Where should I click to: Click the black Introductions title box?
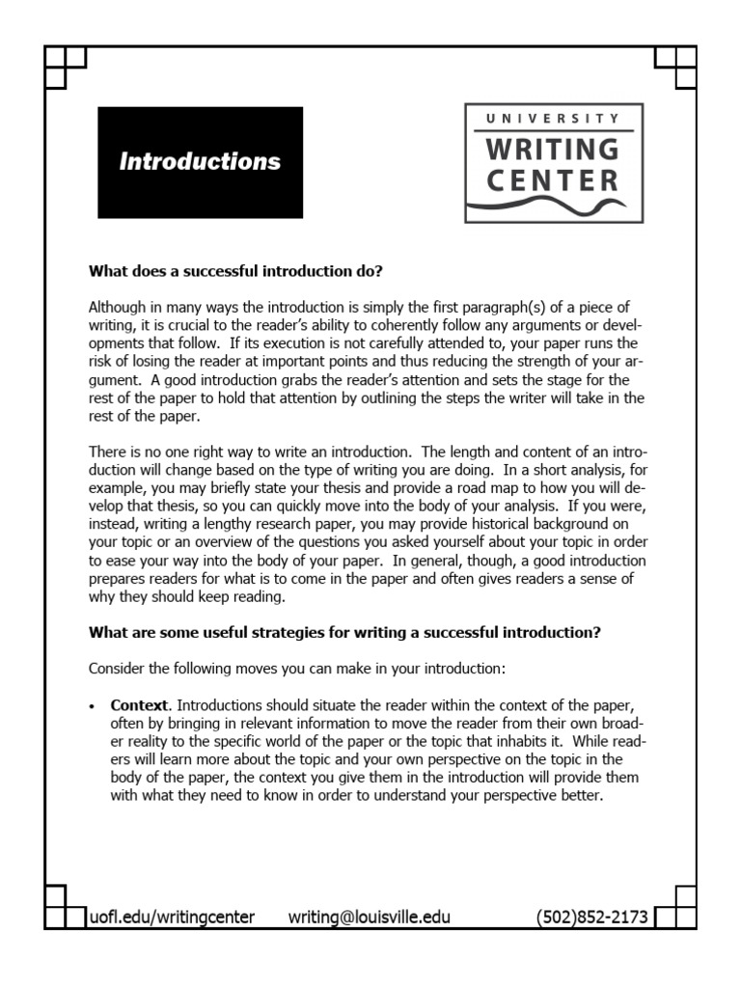pos(200,162)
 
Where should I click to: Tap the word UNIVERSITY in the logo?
pos(554,119)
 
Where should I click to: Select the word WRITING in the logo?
pos(554,150)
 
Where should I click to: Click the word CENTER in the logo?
pos(554,180)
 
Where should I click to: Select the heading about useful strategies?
pos(344,633)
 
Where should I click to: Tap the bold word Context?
pos(140,705)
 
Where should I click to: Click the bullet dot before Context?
pos(94,706)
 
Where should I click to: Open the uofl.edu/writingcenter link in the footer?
pos(172,917)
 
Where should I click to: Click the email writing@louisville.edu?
pos(370,917)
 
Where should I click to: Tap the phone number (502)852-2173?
pos(591,917)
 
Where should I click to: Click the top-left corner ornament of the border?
pos(65,67)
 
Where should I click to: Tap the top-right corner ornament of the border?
pos(674,67)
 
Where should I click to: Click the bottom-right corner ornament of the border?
pos(674,907)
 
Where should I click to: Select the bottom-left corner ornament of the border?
pos(65,907)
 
